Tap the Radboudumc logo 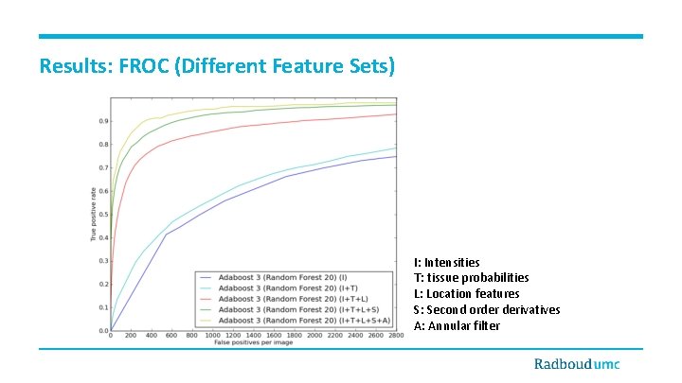tap(587, 364)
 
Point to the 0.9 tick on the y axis tap(102, 120)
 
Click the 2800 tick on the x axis tap(396, 336)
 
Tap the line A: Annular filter tap(457, 326)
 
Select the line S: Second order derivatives tap(487, 310)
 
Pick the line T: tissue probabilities tap(471, 278)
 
